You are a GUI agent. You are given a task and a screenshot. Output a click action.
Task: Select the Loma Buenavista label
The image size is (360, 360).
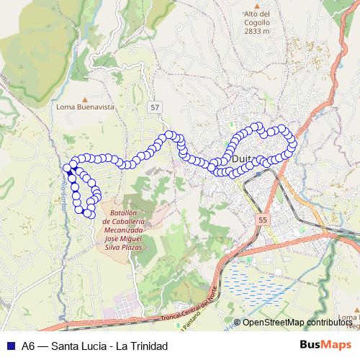(x=85, y=107)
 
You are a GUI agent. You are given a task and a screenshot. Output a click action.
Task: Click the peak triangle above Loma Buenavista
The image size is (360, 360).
(x=85, y=98)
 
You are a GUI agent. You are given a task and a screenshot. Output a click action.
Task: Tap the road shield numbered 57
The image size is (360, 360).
(x=155, y=107)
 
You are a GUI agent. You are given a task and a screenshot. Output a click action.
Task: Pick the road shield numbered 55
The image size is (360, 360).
(x=262, y=219)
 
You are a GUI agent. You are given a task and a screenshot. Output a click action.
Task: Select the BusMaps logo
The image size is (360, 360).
(x=325, y=345)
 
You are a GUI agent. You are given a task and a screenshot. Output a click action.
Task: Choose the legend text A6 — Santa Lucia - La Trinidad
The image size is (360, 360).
(x=94, y=346)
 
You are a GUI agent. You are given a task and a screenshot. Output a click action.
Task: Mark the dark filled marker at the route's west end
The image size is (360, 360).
(x=71, y=171)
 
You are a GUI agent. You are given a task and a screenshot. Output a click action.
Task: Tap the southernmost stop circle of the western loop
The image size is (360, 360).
(x=89, y=212)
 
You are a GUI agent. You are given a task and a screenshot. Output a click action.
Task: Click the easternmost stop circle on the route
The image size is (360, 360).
(x=292, y=143)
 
